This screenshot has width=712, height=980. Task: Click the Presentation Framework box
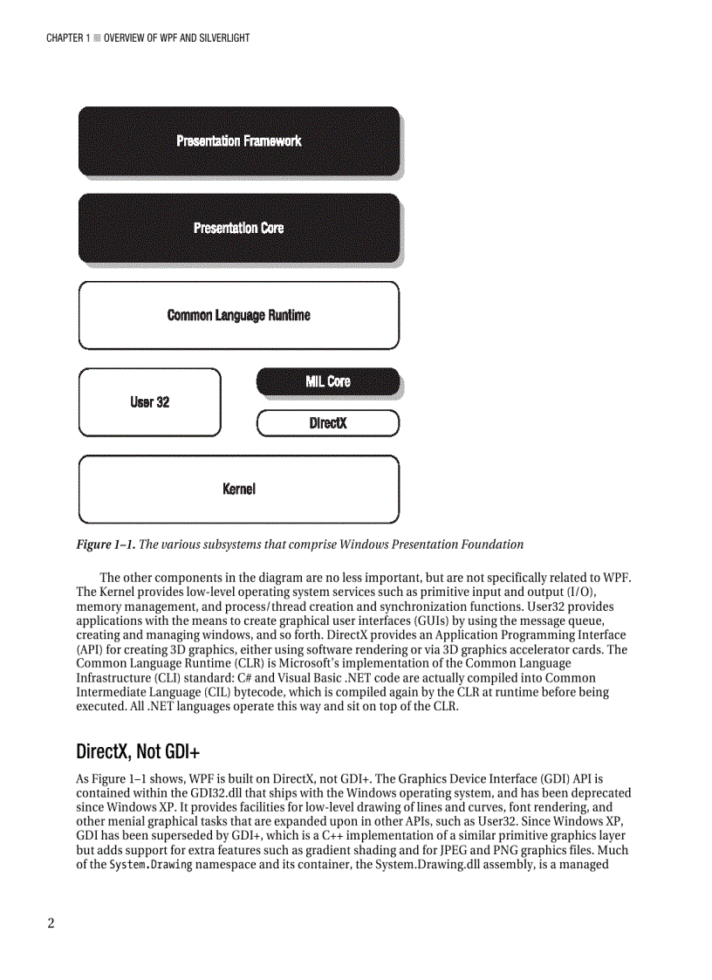(238, 140)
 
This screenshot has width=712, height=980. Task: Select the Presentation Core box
(238, 228)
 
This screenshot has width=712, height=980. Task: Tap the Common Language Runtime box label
(238, 315)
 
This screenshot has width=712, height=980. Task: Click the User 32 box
(149, 402)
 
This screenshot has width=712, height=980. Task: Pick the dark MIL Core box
(327, 381)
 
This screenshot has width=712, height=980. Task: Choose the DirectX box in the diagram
(327, 423)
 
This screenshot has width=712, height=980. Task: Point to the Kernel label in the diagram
(238, 490)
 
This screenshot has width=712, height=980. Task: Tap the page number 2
(51, 924)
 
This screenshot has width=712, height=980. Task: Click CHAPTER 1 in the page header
(68, 38)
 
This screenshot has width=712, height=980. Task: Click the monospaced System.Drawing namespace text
(150, 865)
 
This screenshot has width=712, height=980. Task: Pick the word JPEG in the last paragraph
(481, 850)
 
